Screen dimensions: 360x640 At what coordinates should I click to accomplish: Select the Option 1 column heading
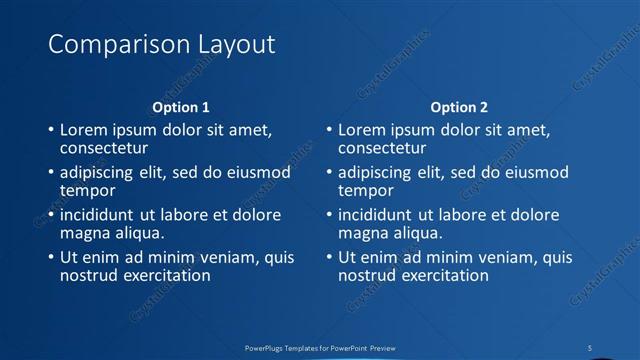181,107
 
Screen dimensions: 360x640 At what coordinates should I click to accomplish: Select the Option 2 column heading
459,107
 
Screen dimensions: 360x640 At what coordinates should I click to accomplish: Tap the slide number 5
591,347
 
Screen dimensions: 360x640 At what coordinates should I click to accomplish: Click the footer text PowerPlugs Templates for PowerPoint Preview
320,347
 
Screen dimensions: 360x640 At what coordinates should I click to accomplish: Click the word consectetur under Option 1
104,148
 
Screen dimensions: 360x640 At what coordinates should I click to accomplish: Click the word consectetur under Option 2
382,148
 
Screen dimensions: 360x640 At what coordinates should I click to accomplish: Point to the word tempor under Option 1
88,190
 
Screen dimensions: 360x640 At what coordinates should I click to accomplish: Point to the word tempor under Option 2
366,190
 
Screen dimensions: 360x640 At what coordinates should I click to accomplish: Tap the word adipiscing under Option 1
100,173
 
